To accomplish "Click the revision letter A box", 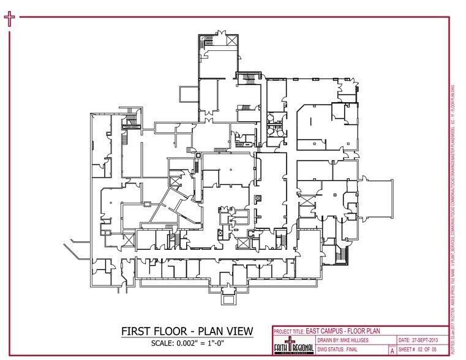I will pyautogui.click(x=392, y=351).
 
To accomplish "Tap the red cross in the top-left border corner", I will pyautogui.click(x=9, y=18).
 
